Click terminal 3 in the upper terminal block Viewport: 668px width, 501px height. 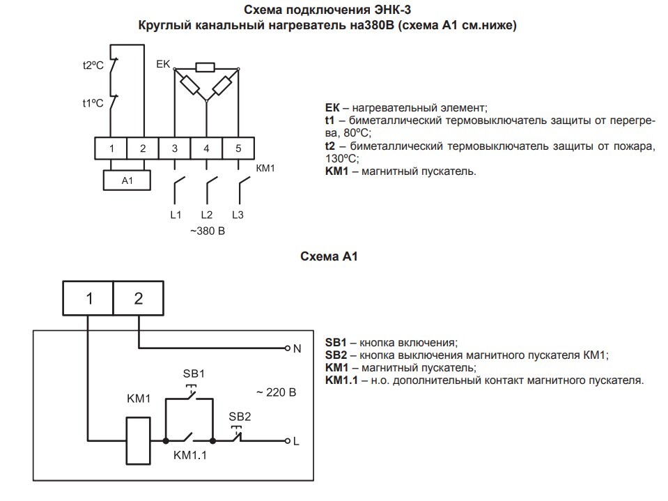pyautogui.click(x=175, y=148)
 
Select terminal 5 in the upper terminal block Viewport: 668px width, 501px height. pyautogui.click(x=238, y=148)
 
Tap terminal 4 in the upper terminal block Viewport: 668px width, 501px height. pyautogui.click(x=207, y=148)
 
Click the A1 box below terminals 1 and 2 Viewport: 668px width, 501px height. pyautogui.click(x=127, y=180)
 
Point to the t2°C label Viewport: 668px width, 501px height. pyautogui.click(x=93, y=65)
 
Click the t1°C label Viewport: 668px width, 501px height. pyautogui.click(x=93, y=103)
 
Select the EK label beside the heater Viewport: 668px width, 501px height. pyautogui.click(x=163, y=64)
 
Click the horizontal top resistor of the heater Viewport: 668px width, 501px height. pyautogui.click(x=205, y=68)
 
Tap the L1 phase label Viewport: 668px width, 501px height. pyautogui.click(x=176, y=215)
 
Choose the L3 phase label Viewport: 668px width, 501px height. pyautogui.click(x=238, y=215)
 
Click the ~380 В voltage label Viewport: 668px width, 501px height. pyautogui.click(x=208, y=231)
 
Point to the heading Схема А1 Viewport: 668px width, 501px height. pyautogui.click(x=329, y=256)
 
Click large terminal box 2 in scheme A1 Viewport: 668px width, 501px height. pyautogui.click(x=139, y=298)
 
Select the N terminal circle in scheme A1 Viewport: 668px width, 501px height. pyautogui.click(x=288, y=348)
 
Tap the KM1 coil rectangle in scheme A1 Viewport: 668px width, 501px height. pyautogui.click(x=139, y=440)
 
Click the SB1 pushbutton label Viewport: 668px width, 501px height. pyautogui.click(x=194, y=373)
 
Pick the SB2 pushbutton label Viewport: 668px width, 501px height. pyautogui.click(x=240, y=416)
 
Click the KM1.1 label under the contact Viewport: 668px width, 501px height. pyautogui.click(x=190, y=456)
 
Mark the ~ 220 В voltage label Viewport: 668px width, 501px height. pyautogui.click(x=276, y=392)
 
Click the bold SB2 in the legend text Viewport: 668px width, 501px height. pyautogui.click(x=336, y=355)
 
